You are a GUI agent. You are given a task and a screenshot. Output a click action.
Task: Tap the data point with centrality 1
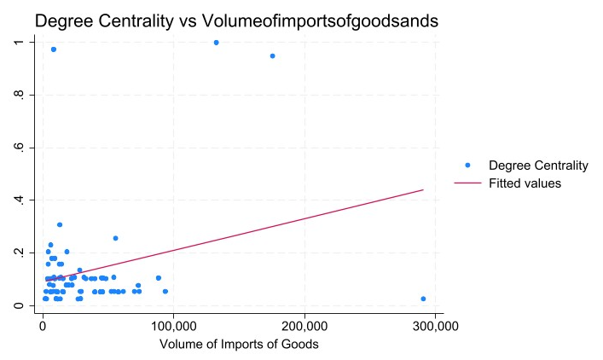pyautogui.click(x=216, y=42)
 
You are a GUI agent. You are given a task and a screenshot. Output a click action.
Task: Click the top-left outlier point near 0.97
pyautogui.click(x=53, y=49)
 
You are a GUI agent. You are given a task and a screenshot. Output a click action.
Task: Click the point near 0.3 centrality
pyautogui.click(x=60, y=224)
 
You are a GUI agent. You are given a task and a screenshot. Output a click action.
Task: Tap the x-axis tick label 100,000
pyautogui.click(x=173, y=326)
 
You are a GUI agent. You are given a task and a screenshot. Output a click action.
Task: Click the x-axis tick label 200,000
pyautogui.click(x=304, y=326)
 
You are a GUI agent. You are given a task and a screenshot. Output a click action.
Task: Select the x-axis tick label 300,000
pyautogui.click(x=436, y=326)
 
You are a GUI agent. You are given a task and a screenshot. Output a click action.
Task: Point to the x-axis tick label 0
pyautogui.click(x=43, y=326)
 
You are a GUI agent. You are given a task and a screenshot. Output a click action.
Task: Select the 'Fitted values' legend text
pyautogui.click(x=525, y=183)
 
